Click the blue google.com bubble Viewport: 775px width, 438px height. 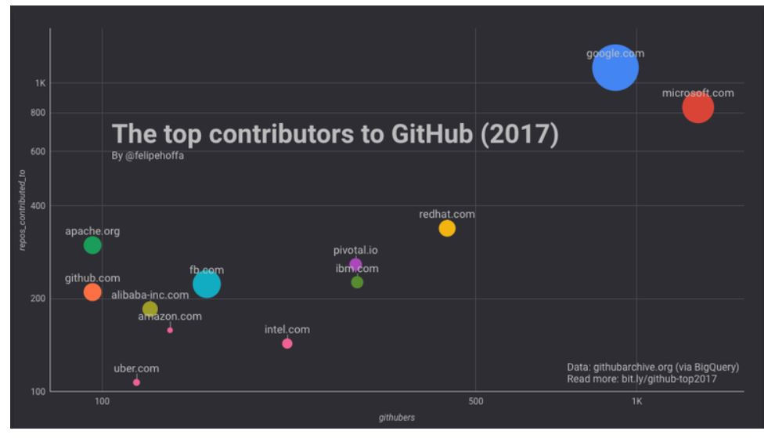615,68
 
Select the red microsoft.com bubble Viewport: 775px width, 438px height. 697,107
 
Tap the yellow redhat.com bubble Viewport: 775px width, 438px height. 447,228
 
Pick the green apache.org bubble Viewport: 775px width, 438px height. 92,245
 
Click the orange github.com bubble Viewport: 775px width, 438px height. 92,292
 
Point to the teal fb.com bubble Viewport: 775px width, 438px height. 207,284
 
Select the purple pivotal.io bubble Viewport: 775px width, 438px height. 355,265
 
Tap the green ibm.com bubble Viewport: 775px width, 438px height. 357,282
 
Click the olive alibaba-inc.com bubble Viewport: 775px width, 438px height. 150,309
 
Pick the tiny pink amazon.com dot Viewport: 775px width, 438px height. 170,330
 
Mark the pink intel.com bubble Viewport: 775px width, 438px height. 287,343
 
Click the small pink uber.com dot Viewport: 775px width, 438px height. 136,382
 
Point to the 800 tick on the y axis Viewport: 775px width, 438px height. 38,113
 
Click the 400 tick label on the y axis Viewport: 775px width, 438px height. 38,206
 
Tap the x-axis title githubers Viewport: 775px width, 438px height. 397,418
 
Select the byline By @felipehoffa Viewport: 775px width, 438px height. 148,156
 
